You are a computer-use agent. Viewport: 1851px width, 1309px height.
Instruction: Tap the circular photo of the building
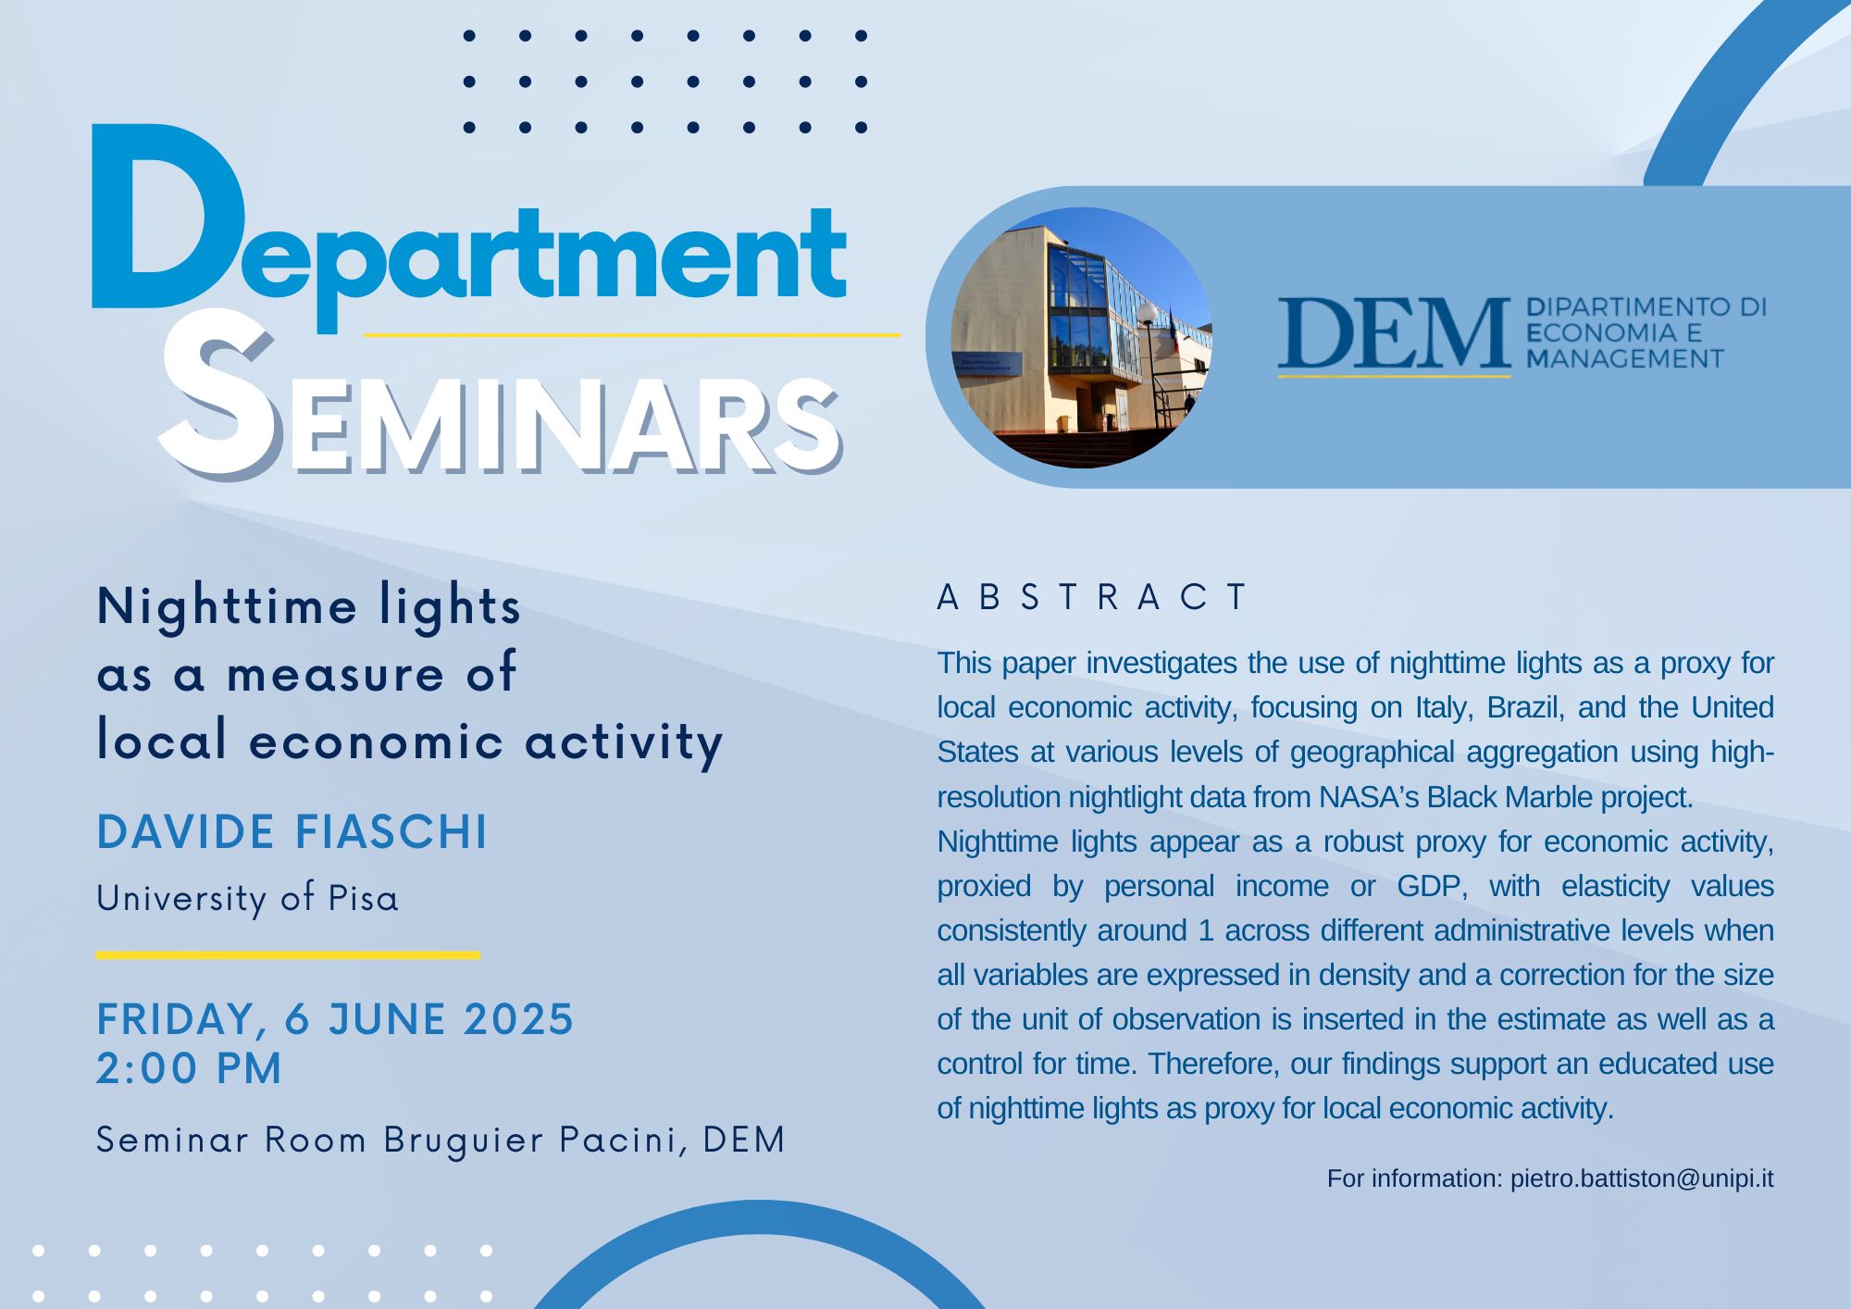click(1081, 338)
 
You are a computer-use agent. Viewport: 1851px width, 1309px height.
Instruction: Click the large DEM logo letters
click(1394, 332)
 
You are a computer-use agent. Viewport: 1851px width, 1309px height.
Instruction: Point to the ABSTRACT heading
click(1093, 597)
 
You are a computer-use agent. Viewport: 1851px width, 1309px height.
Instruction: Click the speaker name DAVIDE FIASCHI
click(292, 831)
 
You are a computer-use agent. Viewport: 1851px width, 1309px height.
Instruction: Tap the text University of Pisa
click(248, 899)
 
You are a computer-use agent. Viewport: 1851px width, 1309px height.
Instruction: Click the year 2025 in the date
click(519, 1019)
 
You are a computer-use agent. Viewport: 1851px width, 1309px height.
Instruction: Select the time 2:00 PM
click(189, 1068)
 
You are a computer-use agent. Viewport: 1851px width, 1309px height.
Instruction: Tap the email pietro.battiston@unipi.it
click(1642, 1178)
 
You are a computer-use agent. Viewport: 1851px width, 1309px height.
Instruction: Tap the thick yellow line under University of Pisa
click(288, 954)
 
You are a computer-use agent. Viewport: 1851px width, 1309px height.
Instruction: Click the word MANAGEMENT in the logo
click(1625, 358)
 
